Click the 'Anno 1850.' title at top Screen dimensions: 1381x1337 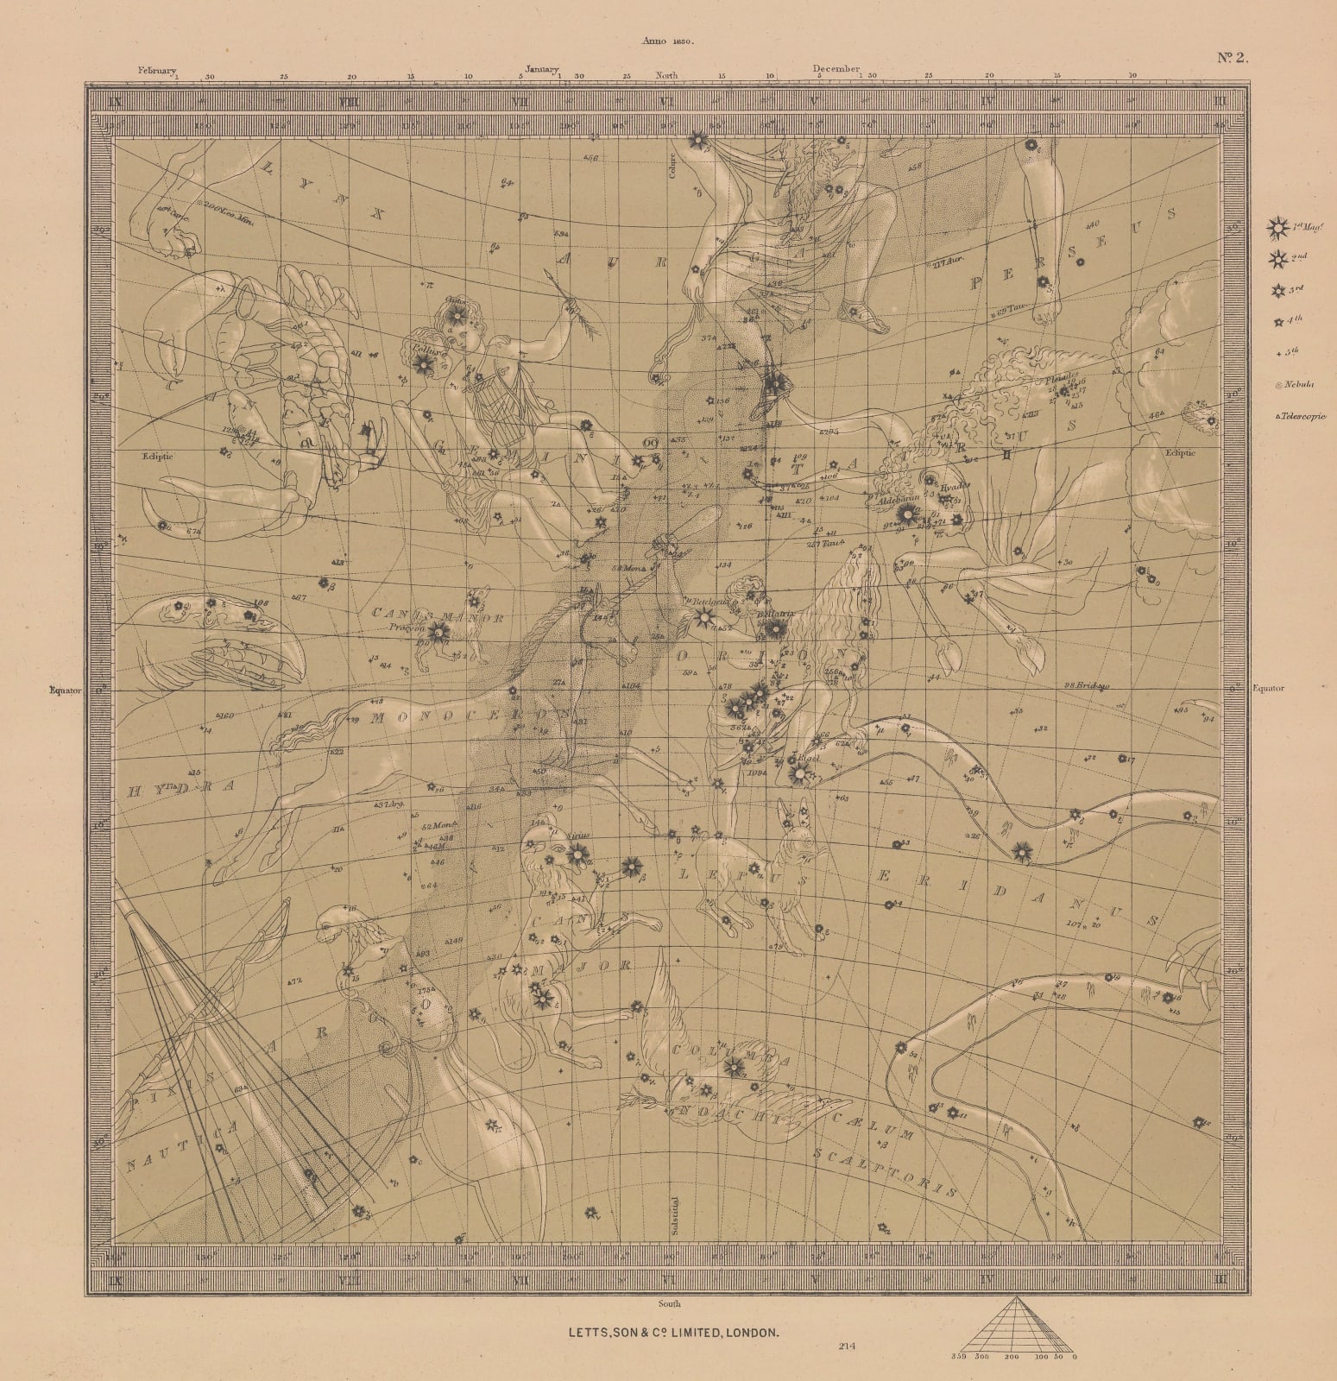[668, 41]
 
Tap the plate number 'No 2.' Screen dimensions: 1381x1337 [1233, 59]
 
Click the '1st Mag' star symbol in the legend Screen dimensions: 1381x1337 [1276, 229]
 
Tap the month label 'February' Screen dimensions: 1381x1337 [156, 70]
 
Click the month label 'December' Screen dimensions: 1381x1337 [836, 68]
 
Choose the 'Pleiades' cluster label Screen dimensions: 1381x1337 [1060, 376]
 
